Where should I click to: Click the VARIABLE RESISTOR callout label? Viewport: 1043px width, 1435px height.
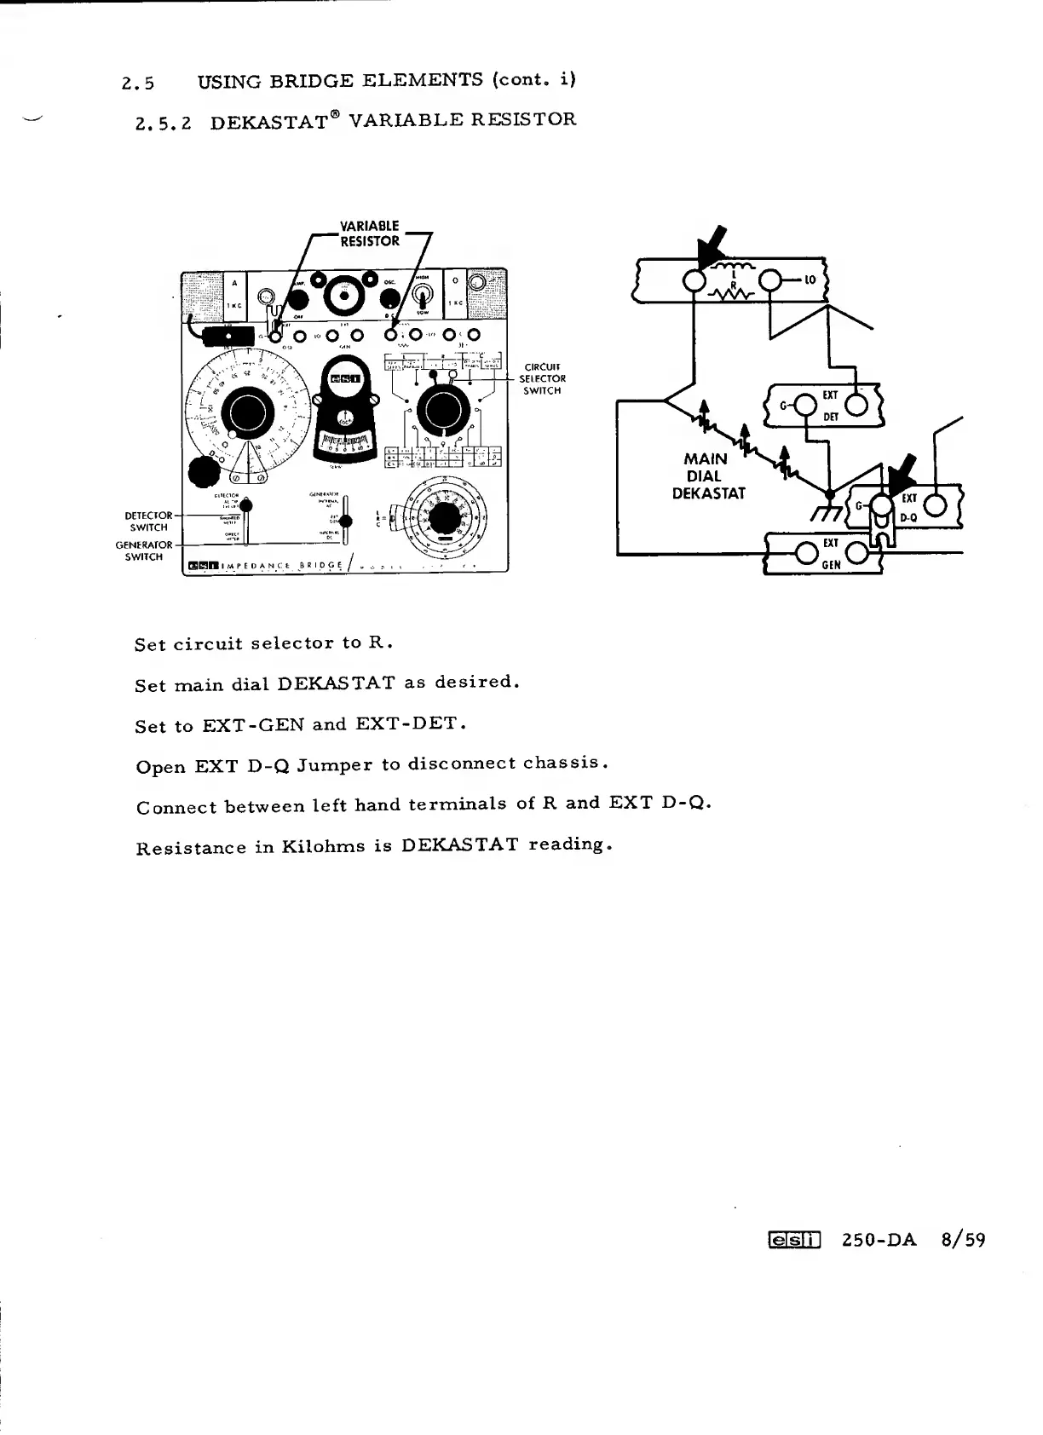pyautogui.click(x=369, y=233)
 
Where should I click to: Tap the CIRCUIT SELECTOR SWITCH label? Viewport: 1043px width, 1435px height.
pyautogui.click(x=542, y=379)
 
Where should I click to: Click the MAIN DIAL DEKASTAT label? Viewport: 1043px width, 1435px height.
pyautogui.click(x=707, y=476)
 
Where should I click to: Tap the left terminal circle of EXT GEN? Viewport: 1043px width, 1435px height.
pyautogui.click(x=804, y=553)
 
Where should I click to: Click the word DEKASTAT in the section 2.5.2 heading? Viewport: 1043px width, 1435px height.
pyautogui.click(x=269, y=121)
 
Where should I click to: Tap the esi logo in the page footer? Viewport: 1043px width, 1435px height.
pyautogui.click(x=793, y=1240)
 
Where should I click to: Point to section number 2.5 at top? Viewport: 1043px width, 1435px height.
pyautogui.click(x=138, y=84)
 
